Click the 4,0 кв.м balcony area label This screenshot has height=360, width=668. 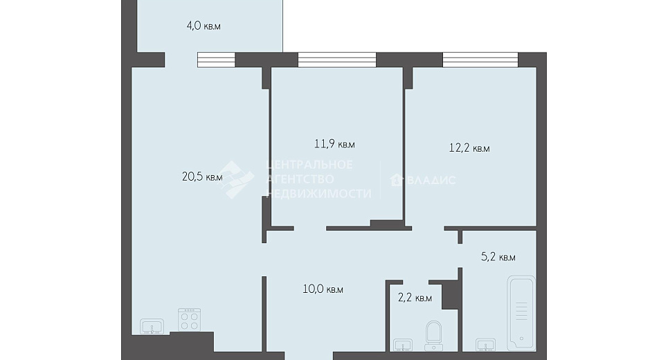[x=204, y=26]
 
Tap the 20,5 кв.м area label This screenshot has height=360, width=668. [x=202, y=177]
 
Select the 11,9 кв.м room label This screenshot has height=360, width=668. [x=334, y=144]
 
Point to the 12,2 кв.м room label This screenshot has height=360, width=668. [x=469, y=148]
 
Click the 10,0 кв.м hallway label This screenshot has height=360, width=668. [x=323, y=289]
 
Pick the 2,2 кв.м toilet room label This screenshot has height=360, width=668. [x=415, y=298]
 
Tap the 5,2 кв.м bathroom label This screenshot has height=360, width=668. [x=498, y=257]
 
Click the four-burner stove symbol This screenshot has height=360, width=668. [x=189, y=320]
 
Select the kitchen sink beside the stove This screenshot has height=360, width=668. [x=152, y=327]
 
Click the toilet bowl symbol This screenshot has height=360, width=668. [x=434, y=336]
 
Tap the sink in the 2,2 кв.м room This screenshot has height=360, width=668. [x=403, y=345]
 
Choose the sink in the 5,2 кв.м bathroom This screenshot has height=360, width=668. [x=485, y=345]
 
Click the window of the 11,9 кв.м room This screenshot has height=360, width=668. [x=337, y=60]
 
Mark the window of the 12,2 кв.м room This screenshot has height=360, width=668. [x=480, y=60]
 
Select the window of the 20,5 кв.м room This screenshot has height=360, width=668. [x=216, y=60]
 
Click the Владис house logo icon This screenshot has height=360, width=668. [x=396, y=180]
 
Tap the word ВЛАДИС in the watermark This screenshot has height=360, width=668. [x=431, y=180]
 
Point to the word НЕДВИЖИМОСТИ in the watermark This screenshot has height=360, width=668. [x=319, y=193]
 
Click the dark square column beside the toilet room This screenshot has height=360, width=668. [x=451, y=294]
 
